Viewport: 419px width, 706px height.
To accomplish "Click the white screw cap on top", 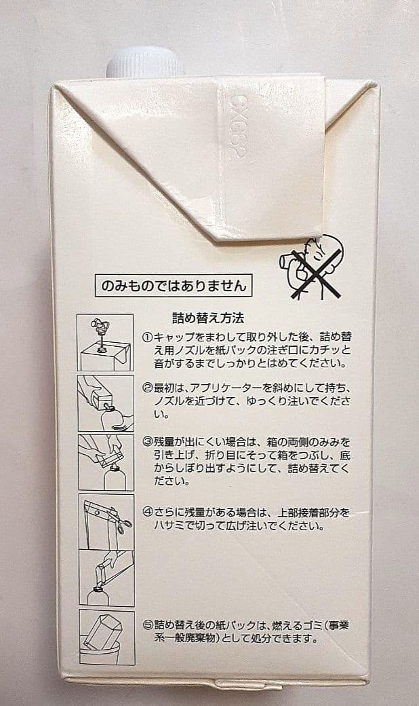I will pyautogui.click(x=144, y=62).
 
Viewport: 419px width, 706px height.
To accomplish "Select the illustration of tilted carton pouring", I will pyautogui.click(x=105, y=403).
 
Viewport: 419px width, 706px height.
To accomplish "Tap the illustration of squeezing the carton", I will pyautogui.click(x=105, y=462).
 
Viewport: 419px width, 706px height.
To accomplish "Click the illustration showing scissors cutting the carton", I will pyautogui.click(x=106, y=520).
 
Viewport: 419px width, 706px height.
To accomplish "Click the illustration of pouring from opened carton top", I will pyautogui.click(x=106, y=577).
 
